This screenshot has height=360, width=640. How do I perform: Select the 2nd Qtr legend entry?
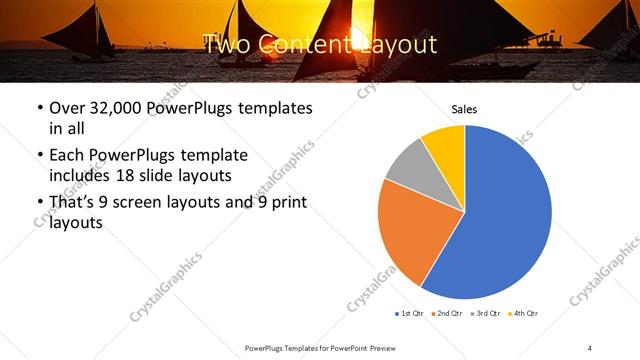point(448,314)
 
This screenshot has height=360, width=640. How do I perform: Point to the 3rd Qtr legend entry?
point(486,314)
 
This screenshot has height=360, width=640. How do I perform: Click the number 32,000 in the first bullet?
point(118,107)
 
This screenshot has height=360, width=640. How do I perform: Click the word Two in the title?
point(226,44)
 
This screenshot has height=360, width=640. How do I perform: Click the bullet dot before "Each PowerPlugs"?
point(39,156)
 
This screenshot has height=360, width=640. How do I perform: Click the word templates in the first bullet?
point(272,107)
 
